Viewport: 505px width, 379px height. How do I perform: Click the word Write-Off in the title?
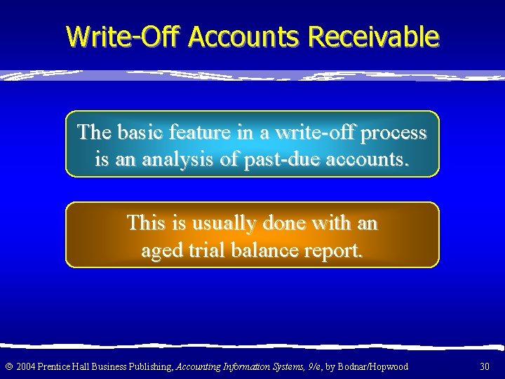124,36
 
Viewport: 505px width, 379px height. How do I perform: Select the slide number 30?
485,366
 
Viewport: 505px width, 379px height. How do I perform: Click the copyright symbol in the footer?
8,366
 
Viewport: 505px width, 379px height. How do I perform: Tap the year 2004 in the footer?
25,366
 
